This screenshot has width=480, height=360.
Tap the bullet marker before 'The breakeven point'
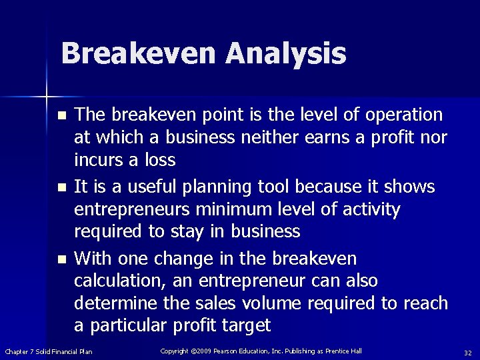pyautogui.click(x=62, y=115)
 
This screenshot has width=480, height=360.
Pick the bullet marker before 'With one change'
pyautogui.click(x=62, y=259)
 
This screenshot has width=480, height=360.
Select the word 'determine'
pyautogui.click(x=112, y=303)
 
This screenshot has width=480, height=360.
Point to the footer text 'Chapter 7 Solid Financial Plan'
pyautogui.click(x=49, y=352)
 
